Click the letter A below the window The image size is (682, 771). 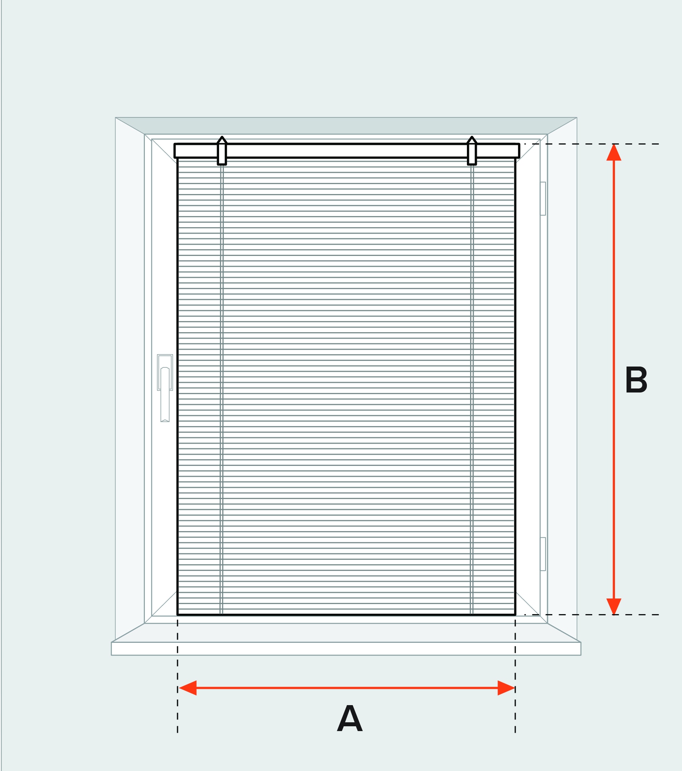tap(350, 718)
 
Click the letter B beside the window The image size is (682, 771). tap(636, 380)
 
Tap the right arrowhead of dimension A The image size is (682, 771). tap(506, 688)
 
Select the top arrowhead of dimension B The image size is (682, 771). tap(614, 153)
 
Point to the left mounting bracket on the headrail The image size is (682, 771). tap(222, 151)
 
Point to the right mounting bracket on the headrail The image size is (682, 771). tap(472, 151)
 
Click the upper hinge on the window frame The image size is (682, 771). tap(543, 198)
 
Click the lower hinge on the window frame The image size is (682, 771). tap(543, 554)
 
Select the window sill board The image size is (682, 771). tap(346, 649)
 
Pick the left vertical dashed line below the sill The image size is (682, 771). tap(178, 711)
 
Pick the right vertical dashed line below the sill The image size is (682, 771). tap(515, 711)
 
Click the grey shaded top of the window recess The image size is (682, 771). tap(346, 126)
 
